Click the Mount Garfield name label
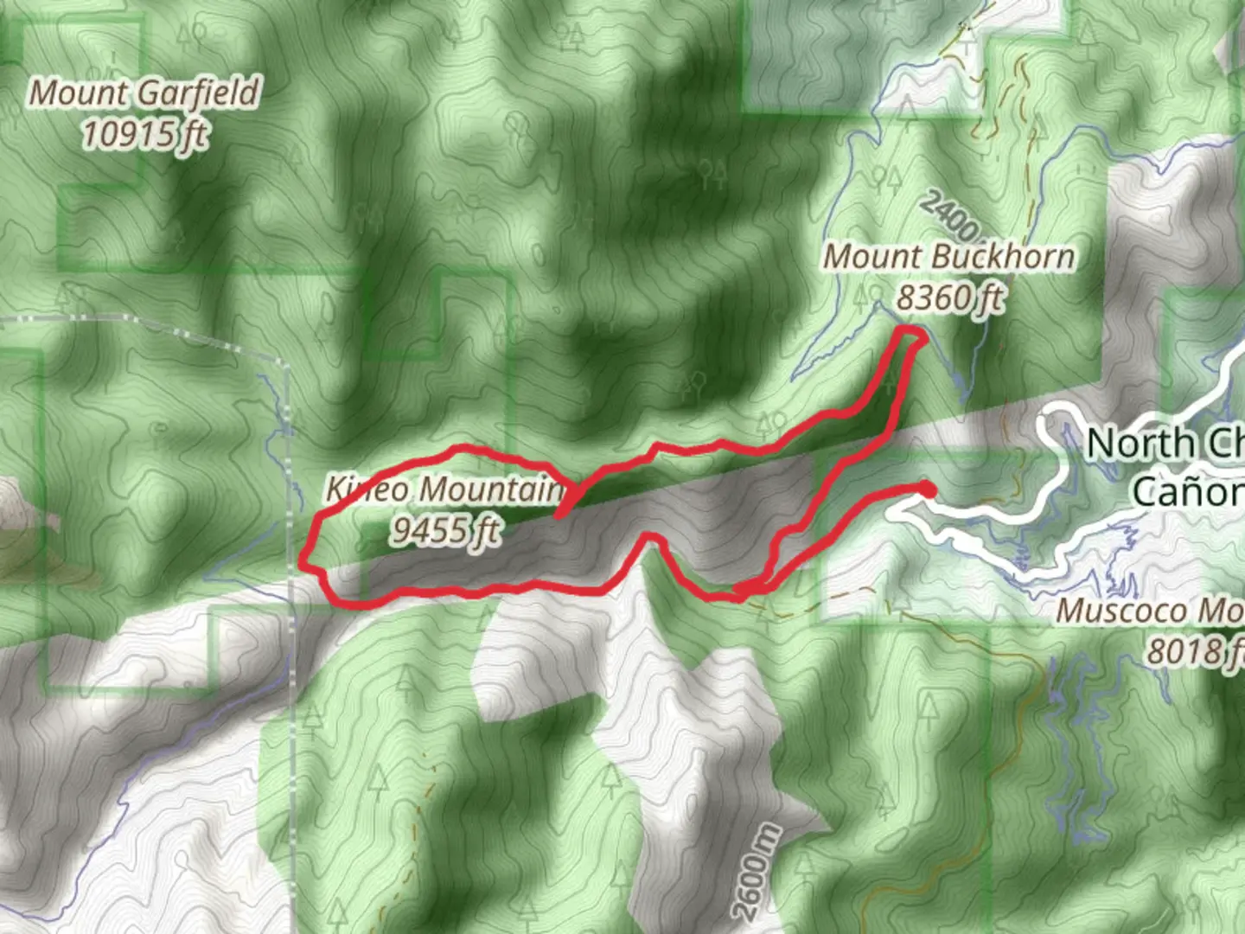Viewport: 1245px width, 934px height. (144, 93)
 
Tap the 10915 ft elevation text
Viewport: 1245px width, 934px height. (144, 134)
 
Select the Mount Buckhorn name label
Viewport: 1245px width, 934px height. (948, 256)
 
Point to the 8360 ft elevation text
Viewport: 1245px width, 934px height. (949, 297)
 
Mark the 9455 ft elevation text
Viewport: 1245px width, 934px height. (444, 529)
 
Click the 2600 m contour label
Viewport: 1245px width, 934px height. (756, 872)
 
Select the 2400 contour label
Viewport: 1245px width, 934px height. (948, 214)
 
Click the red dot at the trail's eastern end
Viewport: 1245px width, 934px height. (928, 489)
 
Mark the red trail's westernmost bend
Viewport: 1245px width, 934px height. (303, 562)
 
